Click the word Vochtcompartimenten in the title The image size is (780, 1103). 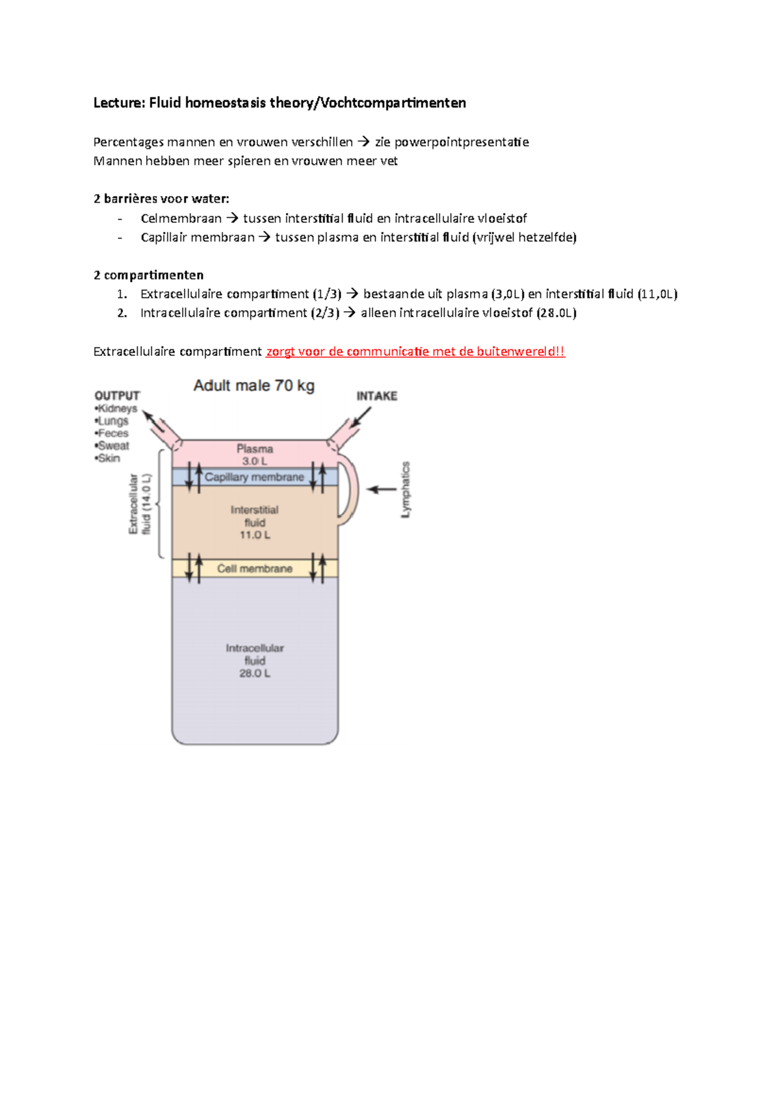point(393,103)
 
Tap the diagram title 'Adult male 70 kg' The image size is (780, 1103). point(253,385)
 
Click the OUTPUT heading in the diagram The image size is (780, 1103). point(117,396)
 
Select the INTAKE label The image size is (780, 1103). point(376,396)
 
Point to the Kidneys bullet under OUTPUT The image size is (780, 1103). point(117,409)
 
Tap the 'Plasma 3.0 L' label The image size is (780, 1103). point(255,455)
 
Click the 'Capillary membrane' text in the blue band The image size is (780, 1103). point(254,477)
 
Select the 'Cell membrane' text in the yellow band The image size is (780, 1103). point(255,568)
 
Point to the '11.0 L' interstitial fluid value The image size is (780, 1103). point(255,535)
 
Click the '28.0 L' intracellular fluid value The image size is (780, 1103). point(255,673)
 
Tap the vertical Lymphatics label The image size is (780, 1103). point(406,489)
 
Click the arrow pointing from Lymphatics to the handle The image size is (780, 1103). point(382,489)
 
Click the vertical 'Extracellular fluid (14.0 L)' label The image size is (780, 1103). point(140,504)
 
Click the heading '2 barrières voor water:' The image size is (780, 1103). point(161,199)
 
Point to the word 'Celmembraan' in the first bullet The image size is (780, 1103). point(181,218)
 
